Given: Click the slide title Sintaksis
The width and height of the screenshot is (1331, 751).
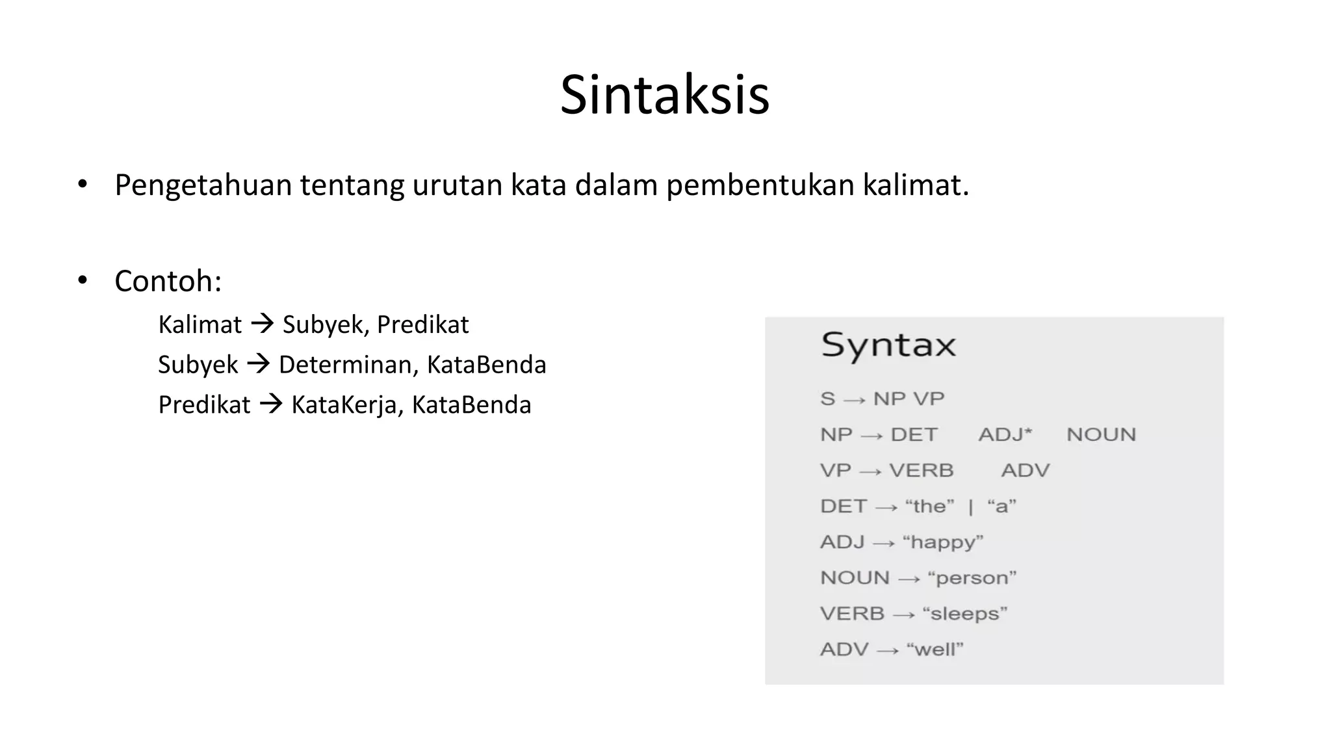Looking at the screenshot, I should (x=665, y=95).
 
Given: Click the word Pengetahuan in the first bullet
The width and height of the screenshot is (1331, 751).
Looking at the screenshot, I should (x=203, y=185).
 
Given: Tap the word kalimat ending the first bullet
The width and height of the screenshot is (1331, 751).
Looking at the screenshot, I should (x=915, y=185).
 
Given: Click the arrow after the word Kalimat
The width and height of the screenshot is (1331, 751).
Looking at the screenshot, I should (x=262, y=323).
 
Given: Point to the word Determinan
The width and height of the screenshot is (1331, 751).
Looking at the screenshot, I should (x=348, y=364).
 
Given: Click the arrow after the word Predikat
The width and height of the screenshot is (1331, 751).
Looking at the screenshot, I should (x=270, y=404).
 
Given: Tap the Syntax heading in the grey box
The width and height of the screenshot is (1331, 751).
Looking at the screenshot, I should (x=888, y=345).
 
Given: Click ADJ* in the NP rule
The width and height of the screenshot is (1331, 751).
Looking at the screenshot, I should (x=1005, y=434).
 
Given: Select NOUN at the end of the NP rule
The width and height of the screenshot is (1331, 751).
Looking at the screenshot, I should (x=1101, y=434).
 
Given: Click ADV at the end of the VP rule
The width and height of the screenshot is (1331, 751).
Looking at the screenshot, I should (x=1025, y=470).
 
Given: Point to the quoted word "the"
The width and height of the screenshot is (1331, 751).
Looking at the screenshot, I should (x=929, y=506).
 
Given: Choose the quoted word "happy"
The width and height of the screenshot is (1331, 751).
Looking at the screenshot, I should (x=943, y=542).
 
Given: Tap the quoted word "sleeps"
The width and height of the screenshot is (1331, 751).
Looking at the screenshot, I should (x=965, y=613).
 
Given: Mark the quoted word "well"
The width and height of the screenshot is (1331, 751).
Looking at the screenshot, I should (x=935, y=649).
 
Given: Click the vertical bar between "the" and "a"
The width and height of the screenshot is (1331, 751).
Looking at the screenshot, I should (x=970, y=507).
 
